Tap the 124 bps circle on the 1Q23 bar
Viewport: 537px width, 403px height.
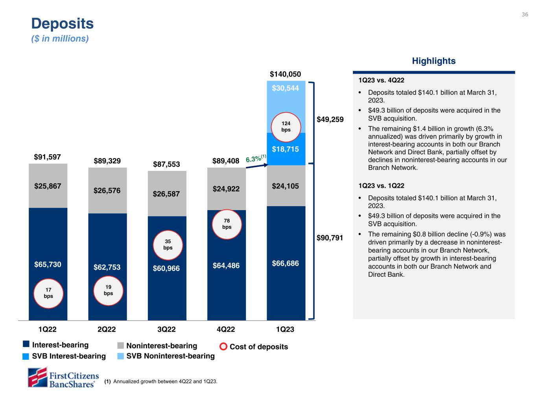pos(286,126)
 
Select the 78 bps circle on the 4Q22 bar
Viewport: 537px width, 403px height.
pos(227,224)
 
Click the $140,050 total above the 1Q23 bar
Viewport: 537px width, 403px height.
pos(286,74)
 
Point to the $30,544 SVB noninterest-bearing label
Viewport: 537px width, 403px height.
pos(286,88)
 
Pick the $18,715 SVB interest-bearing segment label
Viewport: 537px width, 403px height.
pos(286,149)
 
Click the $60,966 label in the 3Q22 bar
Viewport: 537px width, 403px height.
pos(166,268)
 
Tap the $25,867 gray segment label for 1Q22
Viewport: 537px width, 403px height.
pos(48,186)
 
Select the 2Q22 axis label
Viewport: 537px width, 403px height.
pos(107,329)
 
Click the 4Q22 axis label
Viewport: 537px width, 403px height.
pos(226,329)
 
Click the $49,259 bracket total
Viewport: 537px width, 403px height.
pos(330,119)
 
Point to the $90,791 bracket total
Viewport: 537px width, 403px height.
pos(330,238)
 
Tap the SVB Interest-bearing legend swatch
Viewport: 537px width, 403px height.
pos(26,356)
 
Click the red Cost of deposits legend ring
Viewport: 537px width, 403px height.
pos(223,347)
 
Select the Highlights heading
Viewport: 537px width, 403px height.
pos(434,61)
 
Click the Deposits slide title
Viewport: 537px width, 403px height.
pos(63,24)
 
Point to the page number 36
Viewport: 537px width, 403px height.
pos(525,15)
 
